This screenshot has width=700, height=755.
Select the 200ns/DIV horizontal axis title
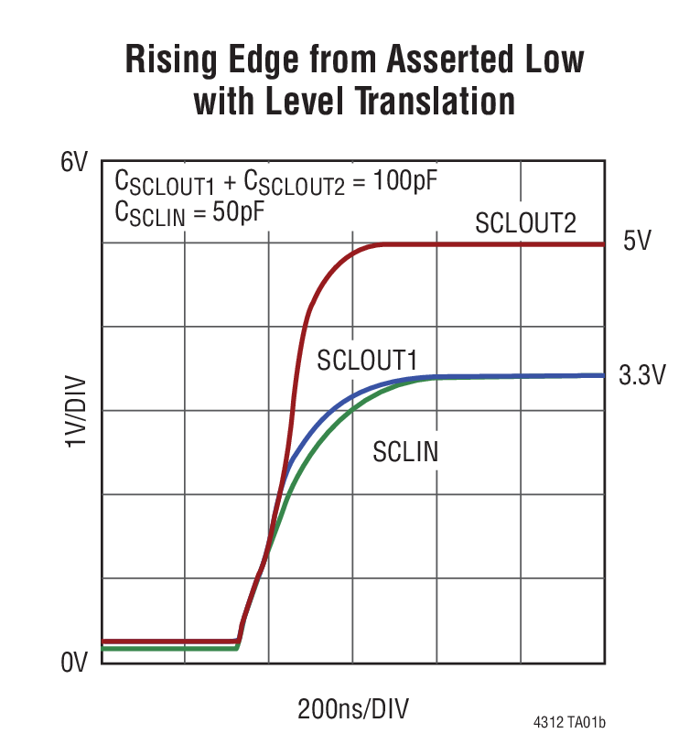click(x=352, y=709)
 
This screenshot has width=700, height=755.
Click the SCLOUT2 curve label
click(x=525, y=222)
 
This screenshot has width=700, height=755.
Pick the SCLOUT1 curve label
click(x=367, y=360)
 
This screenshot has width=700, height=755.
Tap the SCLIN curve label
click(x=405, y=450)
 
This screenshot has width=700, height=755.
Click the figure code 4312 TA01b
click(x=569, y=723)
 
